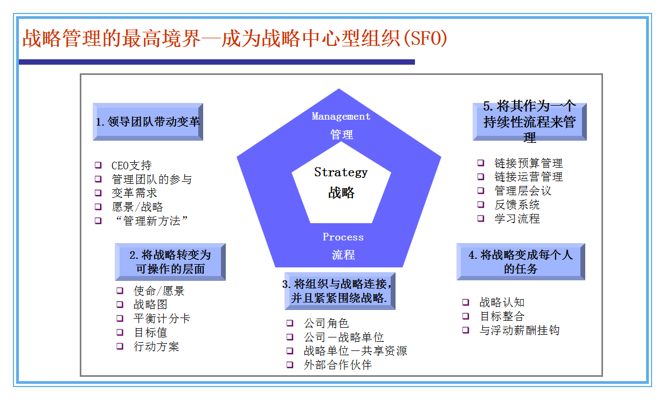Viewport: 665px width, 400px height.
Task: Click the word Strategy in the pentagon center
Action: point(341,173)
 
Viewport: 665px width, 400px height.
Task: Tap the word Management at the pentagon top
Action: point(341,116)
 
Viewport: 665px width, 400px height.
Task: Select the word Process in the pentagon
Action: point(343,237)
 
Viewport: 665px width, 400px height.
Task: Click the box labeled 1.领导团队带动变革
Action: point(148,122)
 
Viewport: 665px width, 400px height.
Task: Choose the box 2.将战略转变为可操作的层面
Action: point(170,262)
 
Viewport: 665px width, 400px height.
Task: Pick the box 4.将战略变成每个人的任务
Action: point(521,262)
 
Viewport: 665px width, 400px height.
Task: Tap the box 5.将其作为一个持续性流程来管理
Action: point(529,122)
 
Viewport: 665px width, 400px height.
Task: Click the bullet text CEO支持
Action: point(131,165)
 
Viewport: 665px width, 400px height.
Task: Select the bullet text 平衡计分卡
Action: point(162,319)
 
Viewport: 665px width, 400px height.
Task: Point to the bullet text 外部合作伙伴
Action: point(337,365)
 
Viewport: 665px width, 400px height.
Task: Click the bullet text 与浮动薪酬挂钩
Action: point(519,330)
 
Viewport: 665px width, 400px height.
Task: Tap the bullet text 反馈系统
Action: point(517,205)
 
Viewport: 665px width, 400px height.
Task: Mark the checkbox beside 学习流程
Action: point(481,218)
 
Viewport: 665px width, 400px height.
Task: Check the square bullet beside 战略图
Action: point(120,305)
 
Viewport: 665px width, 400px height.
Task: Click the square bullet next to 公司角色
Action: point(290,323)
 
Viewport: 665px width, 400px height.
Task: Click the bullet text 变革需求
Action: point(134,193)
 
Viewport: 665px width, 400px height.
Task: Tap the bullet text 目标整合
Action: point(502,316)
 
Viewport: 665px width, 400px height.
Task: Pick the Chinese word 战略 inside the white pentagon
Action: point(341,192)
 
